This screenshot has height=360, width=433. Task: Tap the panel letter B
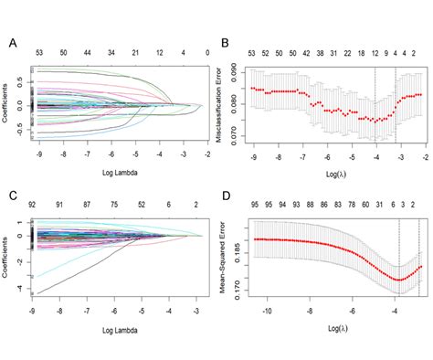225,42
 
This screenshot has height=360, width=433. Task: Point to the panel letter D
225,194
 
